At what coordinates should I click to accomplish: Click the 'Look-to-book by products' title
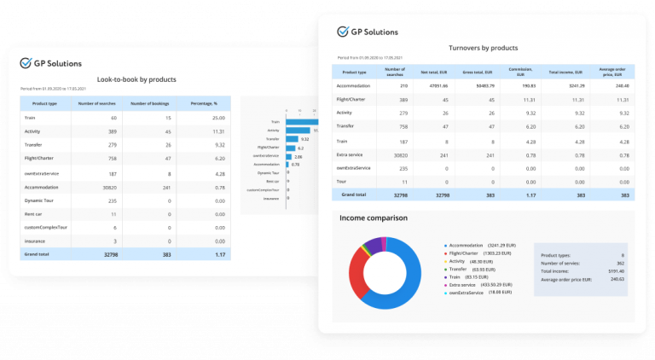[x=136, y=79]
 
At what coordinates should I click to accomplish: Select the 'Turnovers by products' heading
[x=483, y=49]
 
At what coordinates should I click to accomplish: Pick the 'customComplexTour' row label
[x=47, y=227]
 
